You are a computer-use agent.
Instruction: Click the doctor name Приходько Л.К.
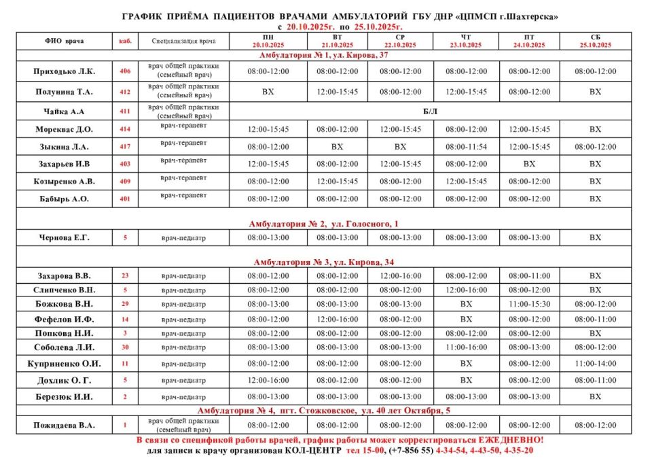coord(65,71)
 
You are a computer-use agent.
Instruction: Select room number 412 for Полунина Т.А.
coord(125,91)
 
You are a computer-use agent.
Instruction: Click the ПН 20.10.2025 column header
coord(268,41)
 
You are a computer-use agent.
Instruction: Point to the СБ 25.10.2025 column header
coord(595,41)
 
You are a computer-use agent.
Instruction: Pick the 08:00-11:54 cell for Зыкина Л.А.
coord(466,146)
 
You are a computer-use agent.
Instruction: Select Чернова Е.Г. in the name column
coord(65,237)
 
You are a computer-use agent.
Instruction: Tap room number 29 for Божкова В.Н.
coord(125,304)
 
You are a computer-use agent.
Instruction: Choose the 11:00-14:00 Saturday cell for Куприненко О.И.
coord(595,364)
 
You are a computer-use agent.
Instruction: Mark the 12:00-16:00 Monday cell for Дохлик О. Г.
coord(268,380)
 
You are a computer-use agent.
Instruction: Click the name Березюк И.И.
coord(65,396)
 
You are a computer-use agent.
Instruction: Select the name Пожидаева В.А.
coord(65,426)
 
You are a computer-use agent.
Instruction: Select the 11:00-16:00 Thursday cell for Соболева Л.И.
coord(466,347)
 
